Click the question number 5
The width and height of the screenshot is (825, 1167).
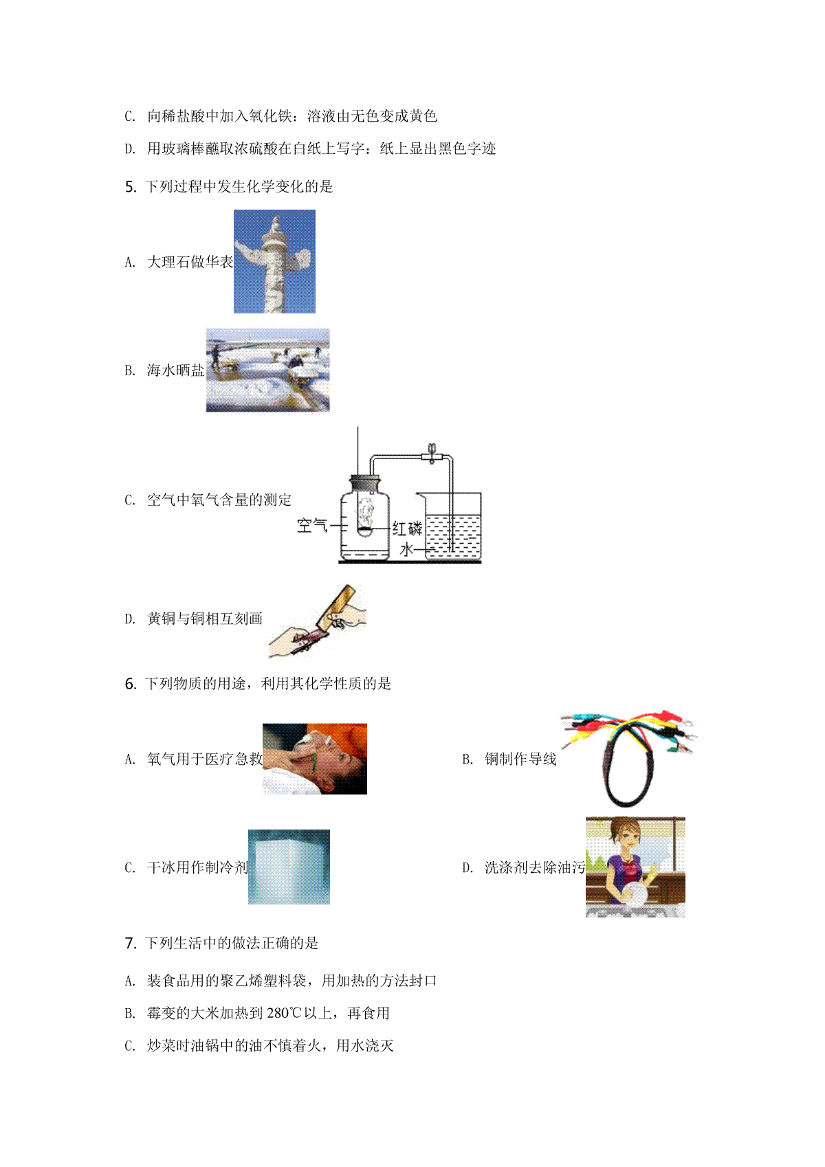(x=131, y=186)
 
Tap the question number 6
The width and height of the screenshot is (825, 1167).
(x=131, y=684)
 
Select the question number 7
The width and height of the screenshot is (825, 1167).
(x=131, y=943)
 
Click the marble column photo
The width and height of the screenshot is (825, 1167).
(x=274, y=262)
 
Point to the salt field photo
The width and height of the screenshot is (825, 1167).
(x=268, y=370)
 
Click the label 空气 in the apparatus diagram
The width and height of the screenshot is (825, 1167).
(x=312, y=525)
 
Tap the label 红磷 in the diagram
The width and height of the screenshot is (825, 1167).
(x=407, y=529)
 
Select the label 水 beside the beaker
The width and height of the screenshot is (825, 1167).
(x=406, y=549)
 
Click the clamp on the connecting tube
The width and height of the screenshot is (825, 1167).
(x=432, y=454)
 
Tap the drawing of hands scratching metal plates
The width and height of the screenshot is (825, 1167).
(x=318, y=621)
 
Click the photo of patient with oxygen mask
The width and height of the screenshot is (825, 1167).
(x=315, y=759)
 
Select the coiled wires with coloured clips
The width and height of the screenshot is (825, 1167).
(x=628, y=757)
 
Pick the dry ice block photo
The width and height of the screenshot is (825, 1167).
(x=289, y=867)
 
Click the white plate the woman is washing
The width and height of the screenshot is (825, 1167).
(x=634, y=895)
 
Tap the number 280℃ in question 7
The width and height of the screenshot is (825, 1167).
(x=284, y=1013)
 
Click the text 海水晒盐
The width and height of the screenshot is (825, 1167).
(x=175, y=370)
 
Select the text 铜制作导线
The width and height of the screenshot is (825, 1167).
(x=520, y=759)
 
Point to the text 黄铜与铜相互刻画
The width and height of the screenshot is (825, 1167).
(x=204, y=619)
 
